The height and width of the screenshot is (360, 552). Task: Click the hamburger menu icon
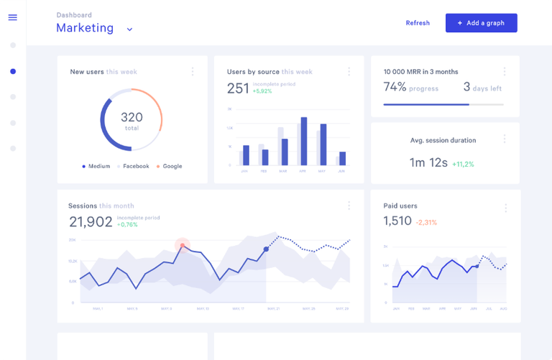tap(12, 17)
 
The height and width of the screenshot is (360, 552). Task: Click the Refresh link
tap(418, 23)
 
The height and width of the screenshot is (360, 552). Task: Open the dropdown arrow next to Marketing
tap(129, 29)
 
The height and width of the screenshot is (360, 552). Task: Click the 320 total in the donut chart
tap(131, 120)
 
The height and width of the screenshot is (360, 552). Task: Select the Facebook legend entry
tap(133, 166)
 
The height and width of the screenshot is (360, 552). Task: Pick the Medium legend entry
tap(96, 166)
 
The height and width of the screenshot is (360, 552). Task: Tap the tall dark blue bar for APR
tap(303, 141)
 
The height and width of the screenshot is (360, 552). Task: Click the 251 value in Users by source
tap(238, 88)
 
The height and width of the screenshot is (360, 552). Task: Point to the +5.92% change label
tap(262, 91)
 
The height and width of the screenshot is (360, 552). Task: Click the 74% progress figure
tap(395, 87)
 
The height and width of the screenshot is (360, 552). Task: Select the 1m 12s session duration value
tap(428, 162)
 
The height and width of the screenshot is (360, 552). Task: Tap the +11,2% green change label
tap(463, 164)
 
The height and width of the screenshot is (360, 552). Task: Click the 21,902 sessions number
tap(91, 221)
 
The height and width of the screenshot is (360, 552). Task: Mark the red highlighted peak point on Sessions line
tap(183, 246)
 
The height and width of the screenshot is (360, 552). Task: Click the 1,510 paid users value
tap(397, 221)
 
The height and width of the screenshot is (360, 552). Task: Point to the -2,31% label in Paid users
tap(426, 223)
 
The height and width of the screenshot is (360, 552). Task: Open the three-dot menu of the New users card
tap(192, 71)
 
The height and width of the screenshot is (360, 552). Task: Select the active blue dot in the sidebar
tap(13, 71)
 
